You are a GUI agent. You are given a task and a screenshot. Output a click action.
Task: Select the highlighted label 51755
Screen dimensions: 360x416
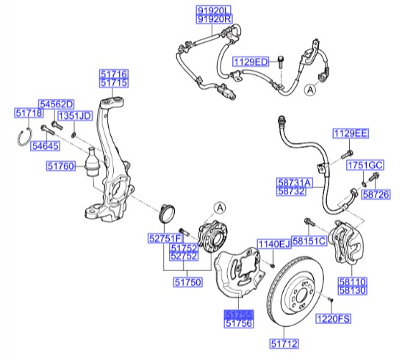238,312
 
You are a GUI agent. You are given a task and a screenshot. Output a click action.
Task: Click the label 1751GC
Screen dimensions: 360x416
365,165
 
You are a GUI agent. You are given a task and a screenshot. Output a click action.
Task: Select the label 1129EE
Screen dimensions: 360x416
350,134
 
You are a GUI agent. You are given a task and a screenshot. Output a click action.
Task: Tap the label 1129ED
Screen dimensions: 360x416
252,62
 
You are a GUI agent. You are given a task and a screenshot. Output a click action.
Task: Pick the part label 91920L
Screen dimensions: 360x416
213,10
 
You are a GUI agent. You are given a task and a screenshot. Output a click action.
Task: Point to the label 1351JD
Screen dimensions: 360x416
74,116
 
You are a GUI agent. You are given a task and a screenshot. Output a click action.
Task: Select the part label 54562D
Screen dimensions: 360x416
56,105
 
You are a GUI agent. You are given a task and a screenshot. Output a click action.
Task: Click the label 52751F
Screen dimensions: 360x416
164,239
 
